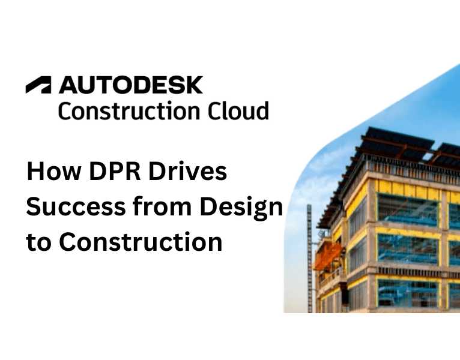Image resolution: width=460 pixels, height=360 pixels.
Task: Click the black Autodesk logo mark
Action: (38, 86)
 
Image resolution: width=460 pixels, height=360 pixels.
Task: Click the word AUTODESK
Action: (130, 85)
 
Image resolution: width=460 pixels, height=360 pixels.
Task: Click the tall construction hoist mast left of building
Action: (310, 258)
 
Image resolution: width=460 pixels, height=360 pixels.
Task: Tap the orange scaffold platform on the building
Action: (328, 255)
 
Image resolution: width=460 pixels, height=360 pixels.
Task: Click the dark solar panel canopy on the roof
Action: (396, 141)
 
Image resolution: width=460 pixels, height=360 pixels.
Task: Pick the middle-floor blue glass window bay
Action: (408, 249)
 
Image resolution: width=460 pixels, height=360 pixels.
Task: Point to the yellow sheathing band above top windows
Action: (408, 186)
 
